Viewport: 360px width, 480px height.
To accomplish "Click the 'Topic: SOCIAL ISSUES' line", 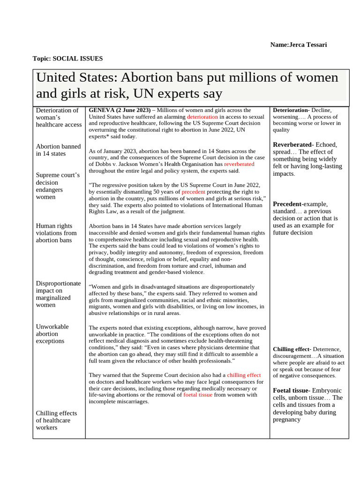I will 67,59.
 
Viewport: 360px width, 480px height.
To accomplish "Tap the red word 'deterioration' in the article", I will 202,117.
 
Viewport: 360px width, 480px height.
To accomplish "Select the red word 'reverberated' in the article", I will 239,165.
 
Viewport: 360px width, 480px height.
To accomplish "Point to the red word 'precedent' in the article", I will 194,192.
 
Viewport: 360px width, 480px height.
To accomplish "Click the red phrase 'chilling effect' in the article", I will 244,375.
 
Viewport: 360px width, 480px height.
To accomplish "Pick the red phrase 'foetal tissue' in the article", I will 198,395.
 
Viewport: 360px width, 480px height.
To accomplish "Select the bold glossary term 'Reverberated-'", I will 292,145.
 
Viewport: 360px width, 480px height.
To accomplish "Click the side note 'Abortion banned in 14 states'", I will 58,150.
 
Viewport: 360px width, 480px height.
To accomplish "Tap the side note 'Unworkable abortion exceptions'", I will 52,334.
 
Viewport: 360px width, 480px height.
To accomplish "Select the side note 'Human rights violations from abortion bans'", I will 56,233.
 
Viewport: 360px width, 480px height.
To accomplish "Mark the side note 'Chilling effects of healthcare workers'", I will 56,420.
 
